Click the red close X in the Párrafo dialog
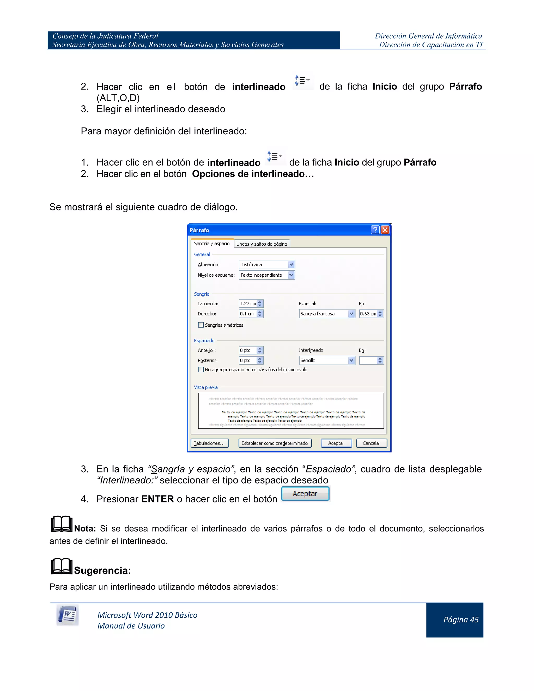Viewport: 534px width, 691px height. (x=385, y=230)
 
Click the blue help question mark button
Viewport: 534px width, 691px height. (x=375, y=230)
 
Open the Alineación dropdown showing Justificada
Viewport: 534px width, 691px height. (x=267, y=264)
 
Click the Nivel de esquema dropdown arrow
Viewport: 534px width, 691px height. (x=291, y=275)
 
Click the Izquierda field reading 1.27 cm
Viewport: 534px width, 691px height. (x=248, y=304)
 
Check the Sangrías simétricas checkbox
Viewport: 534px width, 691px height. (x=201, y=325)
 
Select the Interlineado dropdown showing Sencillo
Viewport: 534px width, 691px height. (x=327, y=360)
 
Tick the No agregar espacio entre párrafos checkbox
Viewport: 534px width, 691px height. (x=201, y=369)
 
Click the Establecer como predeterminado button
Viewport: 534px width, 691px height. (x=275, y=443)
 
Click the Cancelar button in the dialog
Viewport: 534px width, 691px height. (x=371, y=443)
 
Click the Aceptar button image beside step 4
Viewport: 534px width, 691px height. (x=305, y=494)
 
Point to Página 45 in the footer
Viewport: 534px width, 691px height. (x=461, y=620)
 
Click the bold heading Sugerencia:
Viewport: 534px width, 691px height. (x=102, y=571)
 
